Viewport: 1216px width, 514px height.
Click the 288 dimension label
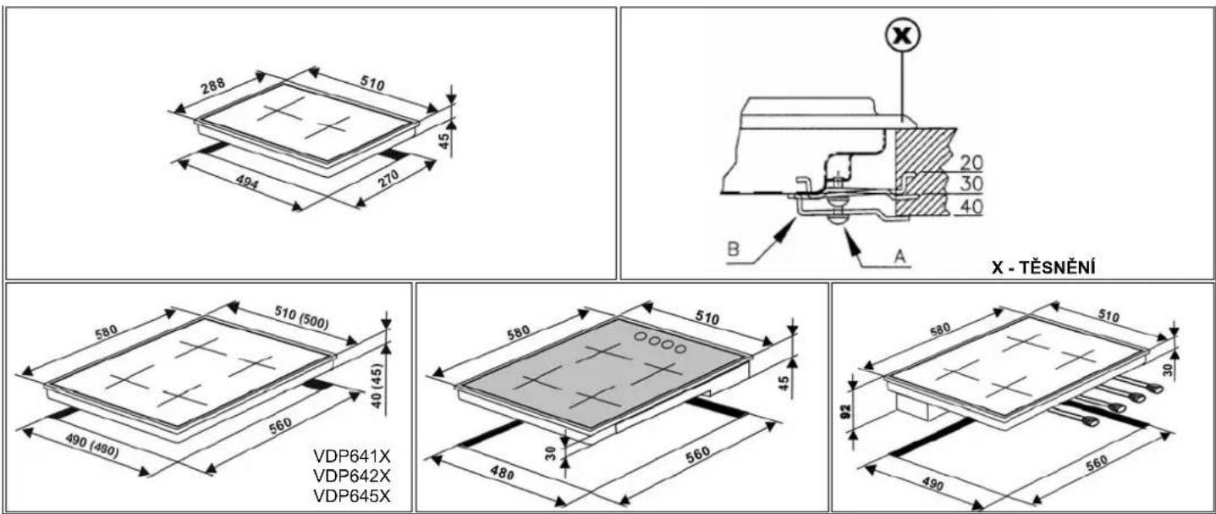(x=212, y=86)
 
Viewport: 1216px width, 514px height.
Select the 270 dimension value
(x=388, y=179)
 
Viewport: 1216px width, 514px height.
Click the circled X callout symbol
(x=902, y=36)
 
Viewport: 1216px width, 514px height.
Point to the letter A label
(x=900, y=255)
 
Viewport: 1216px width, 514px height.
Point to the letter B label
(x=733, y=249)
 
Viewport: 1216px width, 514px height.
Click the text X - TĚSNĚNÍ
(x=1043, y=268)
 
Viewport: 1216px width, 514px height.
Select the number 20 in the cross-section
(x=971, y=163)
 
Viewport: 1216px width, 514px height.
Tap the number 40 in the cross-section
(x=971, y=207)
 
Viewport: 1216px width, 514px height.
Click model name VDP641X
(x=352, y=456)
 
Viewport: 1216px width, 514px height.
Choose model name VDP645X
(x=352, y=495)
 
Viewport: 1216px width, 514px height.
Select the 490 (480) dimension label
(x=91, y=446)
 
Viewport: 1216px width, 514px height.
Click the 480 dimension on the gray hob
(x=502, y=473)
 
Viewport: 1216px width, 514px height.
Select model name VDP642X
(x=352, y=475)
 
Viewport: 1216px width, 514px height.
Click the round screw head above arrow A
(x=839, y=218)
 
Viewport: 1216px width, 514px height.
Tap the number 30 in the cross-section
(x=971, y=185)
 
